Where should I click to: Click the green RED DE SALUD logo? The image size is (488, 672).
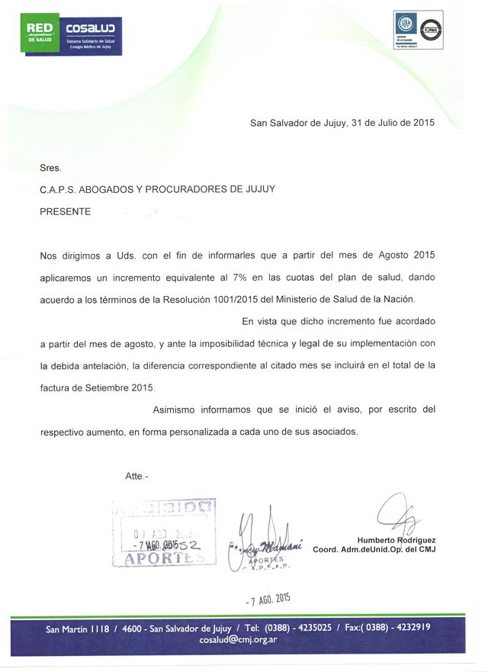(40, 34)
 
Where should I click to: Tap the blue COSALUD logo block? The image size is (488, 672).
(89, 34)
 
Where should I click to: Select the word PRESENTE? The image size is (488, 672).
(65, 211)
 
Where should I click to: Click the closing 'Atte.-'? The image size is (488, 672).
(136, 476)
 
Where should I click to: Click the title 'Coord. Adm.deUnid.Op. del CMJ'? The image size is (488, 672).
(374, 550)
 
